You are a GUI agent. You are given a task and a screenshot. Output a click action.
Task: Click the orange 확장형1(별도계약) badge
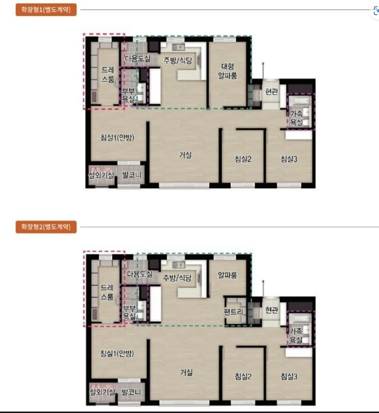click(x=46, y=10)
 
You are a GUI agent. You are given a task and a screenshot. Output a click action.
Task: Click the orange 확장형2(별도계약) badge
click(x=46, y=227)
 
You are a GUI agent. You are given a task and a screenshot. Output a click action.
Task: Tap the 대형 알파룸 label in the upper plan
click(x=227, y=71)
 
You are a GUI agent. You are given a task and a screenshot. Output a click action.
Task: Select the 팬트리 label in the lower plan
click(x=234, y=312)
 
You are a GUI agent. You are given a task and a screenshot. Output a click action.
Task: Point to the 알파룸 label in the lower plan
click(x=227, y=275)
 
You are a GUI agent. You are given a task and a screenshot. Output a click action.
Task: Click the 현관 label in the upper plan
click(x=272, y=92)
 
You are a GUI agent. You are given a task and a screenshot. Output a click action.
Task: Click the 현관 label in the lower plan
click(x=272, y=310)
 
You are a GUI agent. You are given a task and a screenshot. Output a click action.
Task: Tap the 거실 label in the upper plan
click(x=185, y=155)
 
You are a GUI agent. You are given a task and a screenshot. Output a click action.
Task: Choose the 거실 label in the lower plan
click(x=186, y=373)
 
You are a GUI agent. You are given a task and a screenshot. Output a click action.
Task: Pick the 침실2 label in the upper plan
click(x=243, y=159)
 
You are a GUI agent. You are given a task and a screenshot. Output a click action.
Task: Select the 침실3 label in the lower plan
click(x=289, y=376)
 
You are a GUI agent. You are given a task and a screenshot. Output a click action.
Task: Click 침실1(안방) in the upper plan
click(x=117, y=138)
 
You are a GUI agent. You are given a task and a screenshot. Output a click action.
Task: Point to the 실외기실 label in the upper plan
click(x=101, y=175)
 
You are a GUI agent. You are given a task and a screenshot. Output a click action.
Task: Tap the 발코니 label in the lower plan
click(x=131, y=392)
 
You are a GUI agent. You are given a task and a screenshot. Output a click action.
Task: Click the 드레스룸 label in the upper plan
click(x=108, y=75)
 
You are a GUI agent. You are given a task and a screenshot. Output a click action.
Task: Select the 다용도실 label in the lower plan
click(x=140, y=274)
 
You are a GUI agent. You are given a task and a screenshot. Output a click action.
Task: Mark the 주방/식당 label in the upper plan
click(x=178, y=60)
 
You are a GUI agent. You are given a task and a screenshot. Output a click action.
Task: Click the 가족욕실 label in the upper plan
click(x=297, y=118)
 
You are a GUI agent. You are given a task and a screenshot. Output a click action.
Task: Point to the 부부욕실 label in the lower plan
click(x=129, y=313)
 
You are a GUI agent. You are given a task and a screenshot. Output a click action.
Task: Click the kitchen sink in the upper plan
click(x=178, y=47)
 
